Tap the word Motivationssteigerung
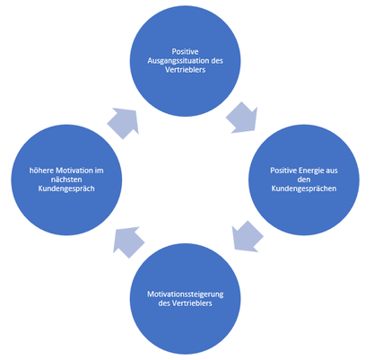[x=185, y=294]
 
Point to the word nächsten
[x=66, y=180]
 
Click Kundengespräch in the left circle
[x=66, y=189]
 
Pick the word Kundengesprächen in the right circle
[x=304, y=189]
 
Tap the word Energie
[x=310, y=171]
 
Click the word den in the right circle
[x=304, y=180]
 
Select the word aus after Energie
[x=331, y=171]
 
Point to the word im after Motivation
[x=100, y=171]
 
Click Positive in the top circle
[x=185, y=52]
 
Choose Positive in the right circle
[x=283, y=171]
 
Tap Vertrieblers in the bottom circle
[x=192, y=303]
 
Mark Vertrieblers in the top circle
[x=185, y=70]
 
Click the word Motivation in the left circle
[x=74, y=171]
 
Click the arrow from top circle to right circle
[x=242, y=118]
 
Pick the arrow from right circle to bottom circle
[x=247, y=236]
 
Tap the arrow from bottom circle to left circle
[x=128, y=241]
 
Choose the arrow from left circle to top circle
[x=123, y=123]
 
